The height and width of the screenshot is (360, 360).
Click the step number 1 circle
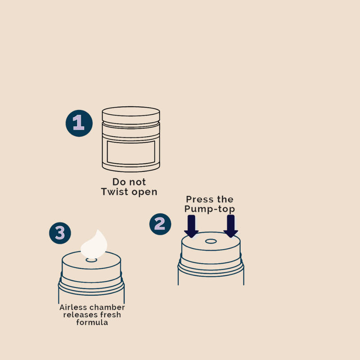tap(79, 123)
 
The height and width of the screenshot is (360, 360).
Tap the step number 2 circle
tap(160, 224)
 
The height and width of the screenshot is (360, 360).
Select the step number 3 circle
tap(60, 233)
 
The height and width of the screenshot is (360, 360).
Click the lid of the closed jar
tap(131, 115)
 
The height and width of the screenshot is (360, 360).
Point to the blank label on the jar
tap(131, 153)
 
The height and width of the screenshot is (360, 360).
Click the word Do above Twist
tap(119, 182)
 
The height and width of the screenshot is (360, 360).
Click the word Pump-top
tap(210, 209)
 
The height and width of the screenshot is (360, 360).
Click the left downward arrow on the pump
tap(191, 226)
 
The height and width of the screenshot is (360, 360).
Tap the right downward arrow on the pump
tap(231, 226)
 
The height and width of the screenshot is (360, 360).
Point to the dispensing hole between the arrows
tap(211, 241)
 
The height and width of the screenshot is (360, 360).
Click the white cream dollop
tap(94, 245)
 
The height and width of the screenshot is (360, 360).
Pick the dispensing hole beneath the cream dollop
tap(91, 260)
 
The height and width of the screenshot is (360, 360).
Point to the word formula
tap(92, 322)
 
